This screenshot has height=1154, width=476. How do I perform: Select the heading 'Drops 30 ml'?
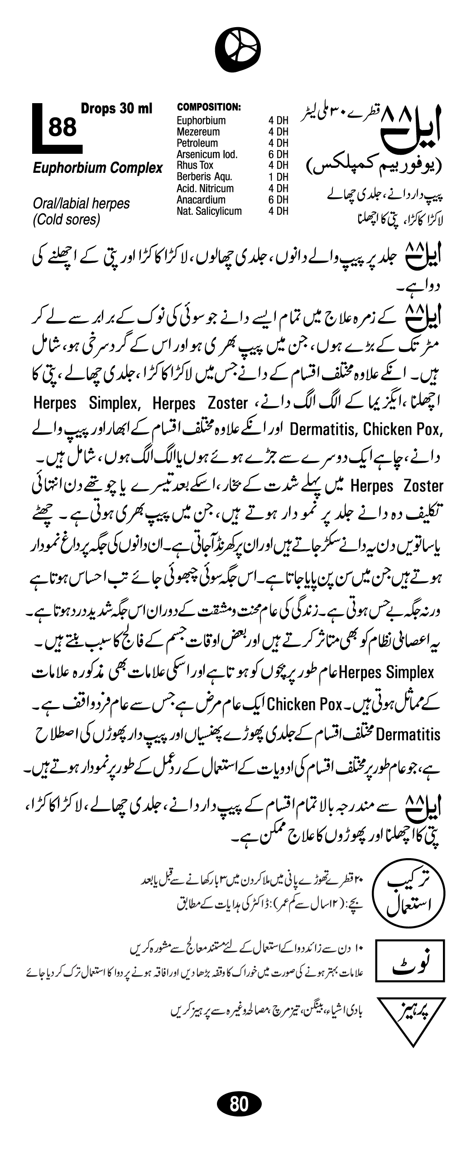pyautogui.click(x=116, y=109)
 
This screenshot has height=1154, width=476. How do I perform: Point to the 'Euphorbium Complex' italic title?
pyautogui.click(x=97, y=168)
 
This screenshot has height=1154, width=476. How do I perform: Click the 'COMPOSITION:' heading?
pyautogui.click(x=208, y=107)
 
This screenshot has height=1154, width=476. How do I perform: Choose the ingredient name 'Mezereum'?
pyautogui.click(x=198, y=132)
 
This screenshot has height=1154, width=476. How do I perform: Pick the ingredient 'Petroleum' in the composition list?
pyautogui.click(x=197, y=143)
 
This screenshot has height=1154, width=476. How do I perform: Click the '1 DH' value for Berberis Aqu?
pyautogui.click(x=278, y=177)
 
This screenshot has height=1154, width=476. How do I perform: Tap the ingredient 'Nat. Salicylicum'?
pyautogui.click(x=209, y=211)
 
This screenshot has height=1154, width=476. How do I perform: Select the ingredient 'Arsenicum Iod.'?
pyautogui.click(x=207, y=155)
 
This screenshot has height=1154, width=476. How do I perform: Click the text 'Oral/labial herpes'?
pyautogui.click(x=81, y=204)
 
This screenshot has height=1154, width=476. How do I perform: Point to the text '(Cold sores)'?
pyautogui.click(x=66, y=220)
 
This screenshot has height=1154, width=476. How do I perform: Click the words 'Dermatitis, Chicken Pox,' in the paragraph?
pyautogui.click(x=365, y=429)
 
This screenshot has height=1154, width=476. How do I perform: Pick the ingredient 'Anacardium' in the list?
pyautogui.click(x=201, y=200)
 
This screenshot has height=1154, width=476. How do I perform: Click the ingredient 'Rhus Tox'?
pyautogui.click(x=195, y=166)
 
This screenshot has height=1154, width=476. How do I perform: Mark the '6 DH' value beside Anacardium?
pyautogui.click(x=278, y=200)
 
